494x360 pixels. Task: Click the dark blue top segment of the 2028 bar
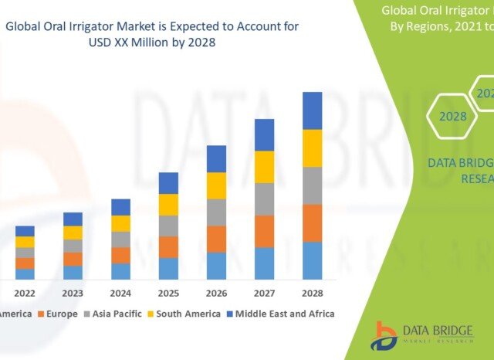click(312, 110)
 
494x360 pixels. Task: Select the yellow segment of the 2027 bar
click(265, 167)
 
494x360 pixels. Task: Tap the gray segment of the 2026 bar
click(217, 212)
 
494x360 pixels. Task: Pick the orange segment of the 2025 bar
click(169, 246)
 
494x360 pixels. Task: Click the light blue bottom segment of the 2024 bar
click(121, 271)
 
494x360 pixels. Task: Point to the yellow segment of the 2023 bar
click(73, 233)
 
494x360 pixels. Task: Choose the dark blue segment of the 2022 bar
click(25, 231)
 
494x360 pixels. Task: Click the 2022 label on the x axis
click(25, 294)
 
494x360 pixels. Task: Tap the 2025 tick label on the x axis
click(168, 294)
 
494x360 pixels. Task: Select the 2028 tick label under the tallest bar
click(312, 294)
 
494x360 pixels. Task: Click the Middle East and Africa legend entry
click(284, 314)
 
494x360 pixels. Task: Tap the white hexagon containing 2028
click(453, 117)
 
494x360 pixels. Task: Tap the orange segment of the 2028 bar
click(312, 223)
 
